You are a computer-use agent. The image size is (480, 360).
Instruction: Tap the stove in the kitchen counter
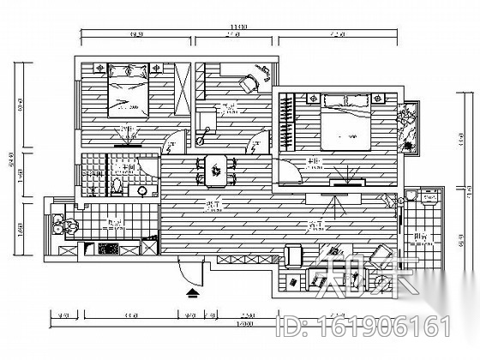tap(109, 249)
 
